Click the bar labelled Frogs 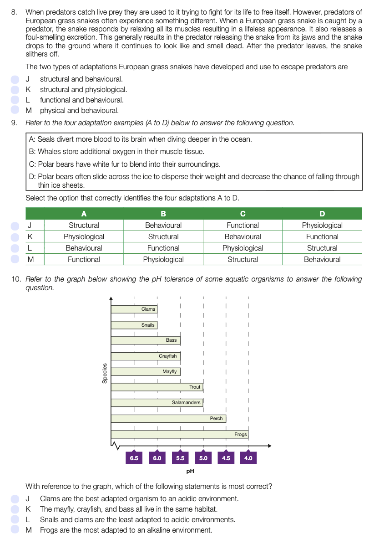179,434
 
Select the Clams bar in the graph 134,309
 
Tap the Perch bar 168,418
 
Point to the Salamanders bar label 186,402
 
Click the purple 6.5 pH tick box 134,458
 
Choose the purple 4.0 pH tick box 248,458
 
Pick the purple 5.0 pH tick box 203,458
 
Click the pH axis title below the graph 191,471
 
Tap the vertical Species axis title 105,373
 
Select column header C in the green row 243,214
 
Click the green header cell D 322,214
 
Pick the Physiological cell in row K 84,236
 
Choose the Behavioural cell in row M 322,259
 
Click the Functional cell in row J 243,225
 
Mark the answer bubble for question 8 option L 15,100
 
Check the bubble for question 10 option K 15,509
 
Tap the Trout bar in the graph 157,387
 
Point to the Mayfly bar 146,371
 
